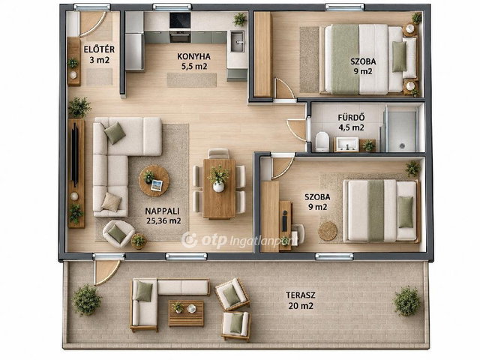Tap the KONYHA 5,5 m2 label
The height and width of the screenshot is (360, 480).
click(x=193, y=61)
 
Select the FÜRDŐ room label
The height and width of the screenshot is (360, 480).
click(x=351, y=118)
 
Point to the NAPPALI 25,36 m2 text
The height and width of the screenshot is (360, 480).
click(x=163, y=216)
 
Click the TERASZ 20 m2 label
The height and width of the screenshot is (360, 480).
click(x=300, y=300)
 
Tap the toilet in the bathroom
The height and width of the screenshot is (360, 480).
click(x=322, y=142)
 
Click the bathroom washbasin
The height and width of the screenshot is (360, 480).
click(x=347, y=144)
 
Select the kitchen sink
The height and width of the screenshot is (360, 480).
click(x=237, y=41)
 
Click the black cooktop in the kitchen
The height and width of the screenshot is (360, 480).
click(x=180, y=20)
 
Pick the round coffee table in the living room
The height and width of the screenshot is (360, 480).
click(x=154, y=181)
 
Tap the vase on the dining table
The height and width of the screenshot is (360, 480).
click(x=218, y=187)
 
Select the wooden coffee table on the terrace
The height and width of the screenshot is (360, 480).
click(x=186, y=313)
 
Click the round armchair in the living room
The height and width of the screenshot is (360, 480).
click(x=118, y=234)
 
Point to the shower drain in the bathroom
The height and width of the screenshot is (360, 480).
click(x=402, y=146)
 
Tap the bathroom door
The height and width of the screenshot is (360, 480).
click(x=298, y=129)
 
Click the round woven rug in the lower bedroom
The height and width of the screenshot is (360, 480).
click(x=328, y=231)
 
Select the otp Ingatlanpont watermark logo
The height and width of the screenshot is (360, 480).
click(x=238, y=240)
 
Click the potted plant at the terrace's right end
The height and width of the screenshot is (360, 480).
click(x=406, y=301)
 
